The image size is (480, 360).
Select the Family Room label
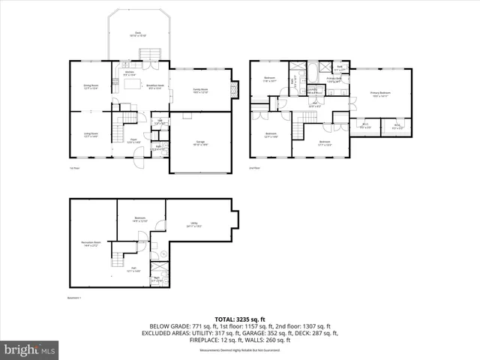(x=200, y=91)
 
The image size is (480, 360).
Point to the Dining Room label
(x=91, y=87)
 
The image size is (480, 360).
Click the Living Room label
(x=91, y=135)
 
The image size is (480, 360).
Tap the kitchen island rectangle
(x=133, y=84)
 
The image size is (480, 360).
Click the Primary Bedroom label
(x=380, y=94)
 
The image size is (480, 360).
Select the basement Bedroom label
(x=140, y=220)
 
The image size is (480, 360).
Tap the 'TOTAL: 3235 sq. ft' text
(x=240, y=319)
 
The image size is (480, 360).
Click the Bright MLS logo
(x=30, y=349)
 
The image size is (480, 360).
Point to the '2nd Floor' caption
(x=255, y=169)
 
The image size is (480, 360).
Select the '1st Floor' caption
(x=74, y=169)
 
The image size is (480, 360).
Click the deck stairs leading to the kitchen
(x=153, y=54)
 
